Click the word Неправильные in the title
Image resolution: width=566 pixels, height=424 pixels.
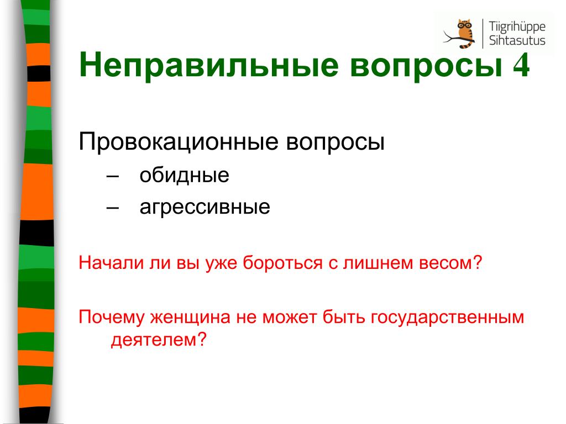point(209,65)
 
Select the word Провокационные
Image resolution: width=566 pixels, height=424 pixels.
point(179,142)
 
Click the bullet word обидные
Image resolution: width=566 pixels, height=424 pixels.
point(184,176)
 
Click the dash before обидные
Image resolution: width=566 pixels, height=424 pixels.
point(113,177)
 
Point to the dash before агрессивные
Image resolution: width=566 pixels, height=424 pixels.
point(113,208)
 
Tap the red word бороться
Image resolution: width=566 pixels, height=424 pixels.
point(282,263)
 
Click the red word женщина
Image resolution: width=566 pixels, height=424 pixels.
point(190,317)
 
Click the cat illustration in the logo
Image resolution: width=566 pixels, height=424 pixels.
point(460,34)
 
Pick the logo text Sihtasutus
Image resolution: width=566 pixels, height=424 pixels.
point(517,40)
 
